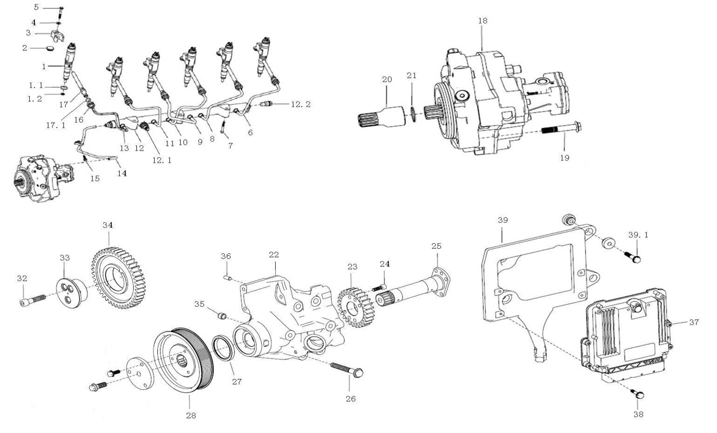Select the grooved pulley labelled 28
tap(179, 360)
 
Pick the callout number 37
tap(694, 323)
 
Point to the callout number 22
tap(273, 255)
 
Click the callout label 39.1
tap(637, 235)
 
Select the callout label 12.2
tap(301, 104)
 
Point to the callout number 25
tap(436, 246)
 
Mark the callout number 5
tap(36, 7)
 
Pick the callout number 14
tap(121, 173)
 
